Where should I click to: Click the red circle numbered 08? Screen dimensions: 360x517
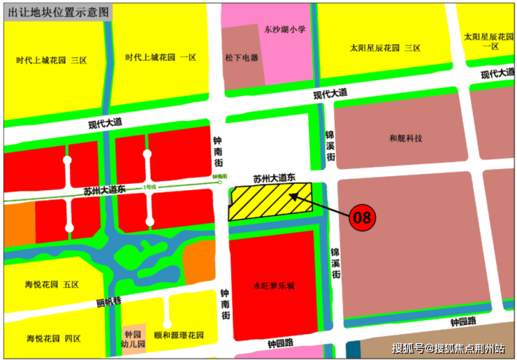[x=362, y=217]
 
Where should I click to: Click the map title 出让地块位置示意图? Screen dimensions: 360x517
[x=58, y=13]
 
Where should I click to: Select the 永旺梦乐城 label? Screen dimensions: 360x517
[x=275, y=286]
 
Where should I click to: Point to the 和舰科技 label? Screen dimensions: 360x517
[x=406, y=138]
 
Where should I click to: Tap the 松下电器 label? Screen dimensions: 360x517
[x=242, y=57]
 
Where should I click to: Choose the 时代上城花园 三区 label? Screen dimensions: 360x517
[x=52, y=61]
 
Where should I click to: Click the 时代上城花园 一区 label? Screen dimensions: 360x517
[x=161, y=57]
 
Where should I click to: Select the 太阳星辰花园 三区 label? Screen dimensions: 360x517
[x=385, y=48]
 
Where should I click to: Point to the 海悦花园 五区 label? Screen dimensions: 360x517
[x=52, y=285]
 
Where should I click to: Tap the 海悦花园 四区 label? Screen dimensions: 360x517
[x=53, y=338]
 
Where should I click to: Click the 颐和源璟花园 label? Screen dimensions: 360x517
[x=178, y=336]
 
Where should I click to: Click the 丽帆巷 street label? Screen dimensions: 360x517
[x=110, y=302]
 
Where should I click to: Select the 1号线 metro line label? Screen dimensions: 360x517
[x=149, y=187]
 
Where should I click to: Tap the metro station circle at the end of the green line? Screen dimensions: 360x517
[x=219, y=184]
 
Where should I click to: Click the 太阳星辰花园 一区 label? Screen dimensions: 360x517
[x=489, y=41]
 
